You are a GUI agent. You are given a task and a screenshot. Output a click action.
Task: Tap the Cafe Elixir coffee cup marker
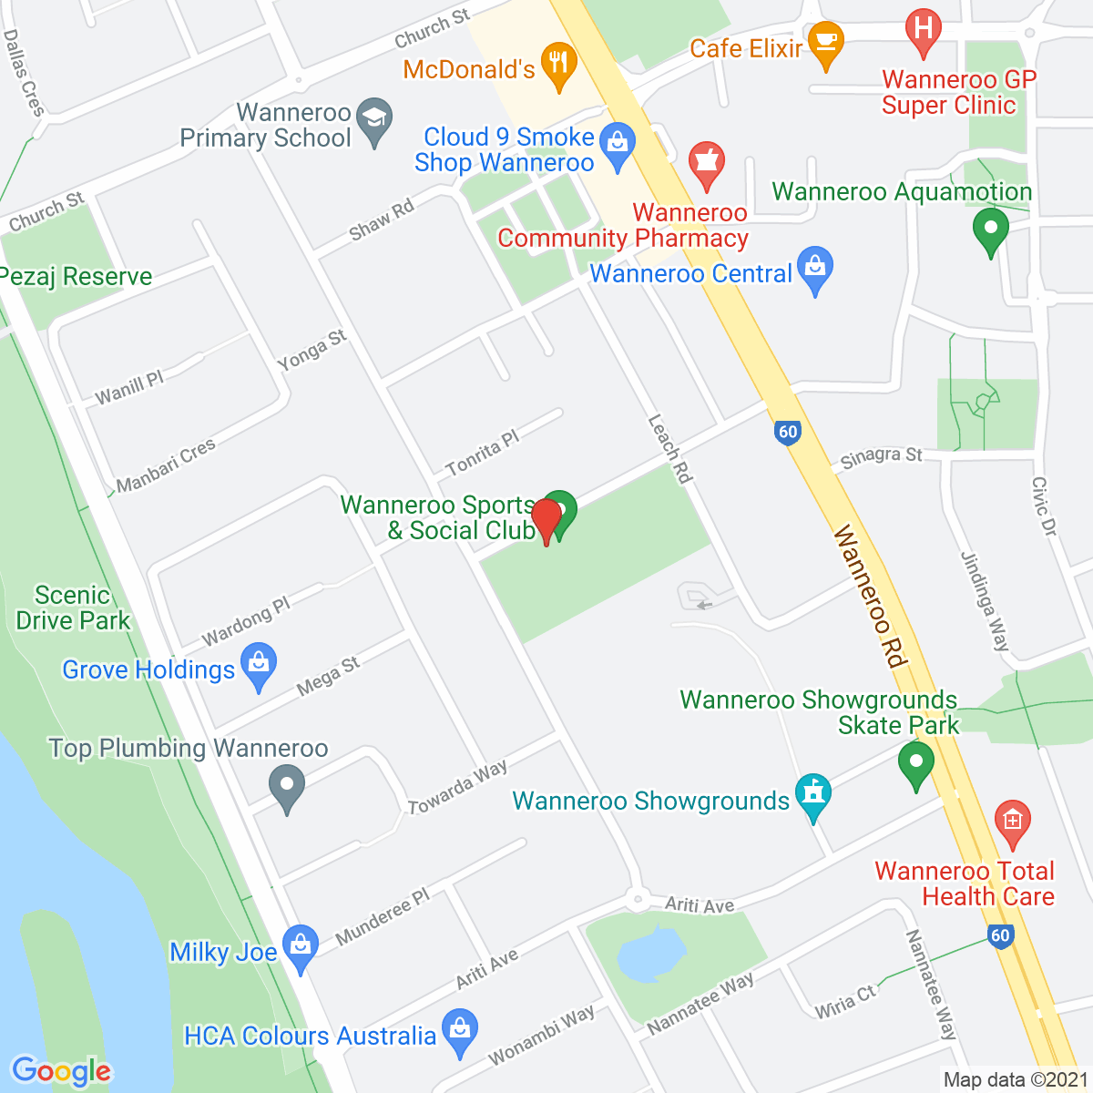click(825, 43)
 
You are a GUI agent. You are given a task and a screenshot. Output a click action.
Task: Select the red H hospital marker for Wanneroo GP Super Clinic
click(924, 30)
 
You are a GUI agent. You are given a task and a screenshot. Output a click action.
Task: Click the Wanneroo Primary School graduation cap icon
click(373, 120)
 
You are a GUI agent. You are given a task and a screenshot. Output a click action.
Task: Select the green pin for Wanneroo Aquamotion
click(990, 229)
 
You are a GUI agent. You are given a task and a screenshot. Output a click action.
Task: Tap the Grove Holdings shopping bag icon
click(259, 665)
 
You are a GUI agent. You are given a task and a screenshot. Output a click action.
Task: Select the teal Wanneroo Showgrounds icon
click(812, 795)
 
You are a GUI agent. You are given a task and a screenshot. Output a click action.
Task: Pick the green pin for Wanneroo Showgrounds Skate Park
click(916, 762)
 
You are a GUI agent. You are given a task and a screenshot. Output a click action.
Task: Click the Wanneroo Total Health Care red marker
click(1011, 821)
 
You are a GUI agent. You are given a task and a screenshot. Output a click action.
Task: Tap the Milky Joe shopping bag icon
click(300, 946)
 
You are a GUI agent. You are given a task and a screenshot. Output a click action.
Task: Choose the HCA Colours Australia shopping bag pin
click(460, 1030)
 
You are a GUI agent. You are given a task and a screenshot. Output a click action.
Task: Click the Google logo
click(61, 1071)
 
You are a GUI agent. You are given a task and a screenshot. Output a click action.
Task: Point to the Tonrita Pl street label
click(482, 454)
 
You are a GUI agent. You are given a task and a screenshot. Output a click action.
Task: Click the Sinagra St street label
click(881, 456)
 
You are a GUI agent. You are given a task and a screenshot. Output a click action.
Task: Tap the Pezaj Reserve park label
click(76, 277)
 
